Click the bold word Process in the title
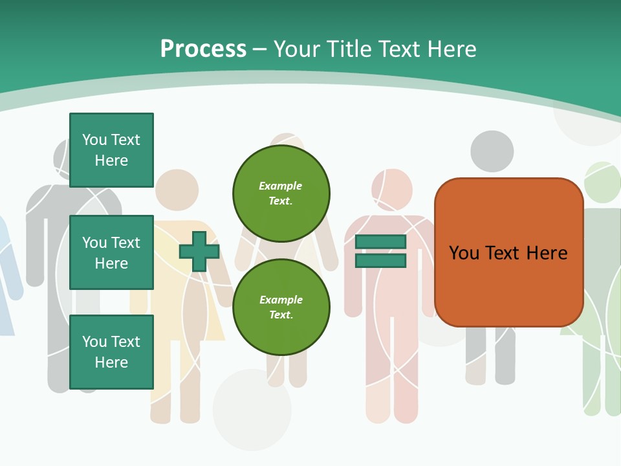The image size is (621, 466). click(x=203, y=49)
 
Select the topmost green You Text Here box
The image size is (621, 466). click(x=111, y=150)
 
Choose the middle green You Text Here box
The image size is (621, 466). click(x=111, y=252)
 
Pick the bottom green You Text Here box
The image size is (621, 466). click(x=111, y=352)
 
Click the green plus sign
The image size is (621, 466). click(x=199, y=251)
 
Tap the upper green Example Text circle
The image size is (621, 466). click(x=281, y=193)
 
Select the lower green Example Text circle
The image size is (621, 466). click(x=281, y=307)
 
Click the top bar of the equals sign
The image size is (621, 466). click(x=380, y=241)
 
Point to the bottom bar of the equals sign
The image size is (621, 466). click(x=380, y=260)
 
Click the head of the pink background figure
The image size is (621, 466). click(x=392, y=188)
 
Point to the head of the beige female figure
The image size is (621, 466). click(x=176, y=190)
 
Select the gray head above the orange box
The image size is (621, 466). click(x=492, y=151)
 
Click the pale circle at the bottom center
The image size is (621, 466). click(x=252, y=409)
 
